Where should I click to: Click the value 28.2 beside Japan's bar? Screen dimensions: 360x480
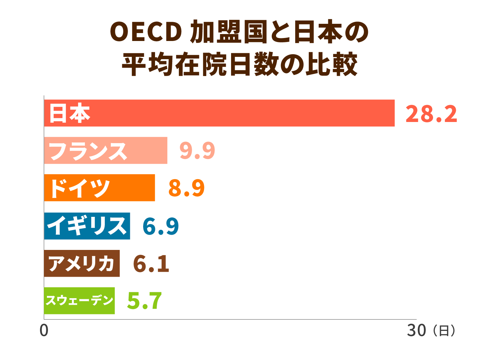click(x=431, y=114)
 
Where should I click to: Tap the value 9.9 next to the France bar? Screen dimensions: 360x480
click(x=197, y=151)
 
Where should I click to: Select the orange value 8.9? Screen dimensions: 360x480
click(x=186, y=188)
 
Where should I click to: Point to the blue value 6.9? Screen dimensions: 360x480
click(x=161, y=226)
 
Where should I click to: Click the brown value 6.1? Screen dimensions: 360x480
click(x=151, y=264)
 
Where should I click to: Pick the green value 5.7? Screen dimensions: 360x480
click(x=144, y=301)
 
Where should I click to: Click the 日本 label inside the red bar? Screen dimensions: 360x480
click(x=69, y=113)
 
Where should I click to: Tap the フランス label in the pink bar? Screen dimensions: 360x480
click(x=88, y=151)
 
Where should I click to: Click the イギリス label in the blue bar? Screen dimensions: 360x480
click(x=87, y=226)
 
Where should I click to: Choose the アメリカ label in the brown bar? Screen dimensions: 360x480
click(x=81, y=264)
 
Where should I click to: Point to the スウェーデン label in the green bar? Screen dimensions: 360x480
click(x=79, y=300)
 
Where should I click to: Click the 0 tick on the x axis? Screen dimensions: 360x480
click(x=44, y=331)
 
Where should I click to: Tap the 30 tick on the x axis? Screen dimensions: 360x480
click(x=416, y=331)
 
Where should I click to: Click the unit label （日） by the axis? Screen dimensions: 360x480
click(x=444, y=331)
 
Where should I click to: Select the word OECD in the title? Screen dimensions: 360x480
click(x=146, y=32)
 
